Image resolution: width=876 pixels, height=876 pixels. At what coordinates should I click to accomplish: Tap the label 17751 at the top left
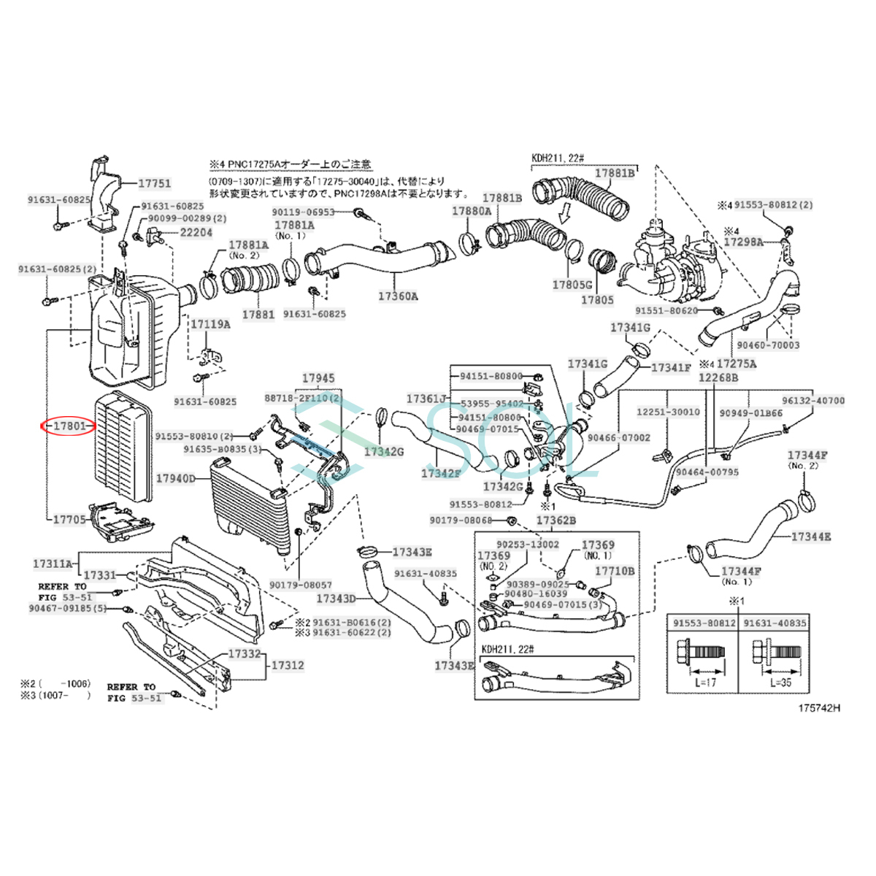point(154,184)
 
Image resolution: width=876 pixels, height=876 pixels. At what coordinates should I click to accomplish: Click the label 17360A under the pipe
point(398,296)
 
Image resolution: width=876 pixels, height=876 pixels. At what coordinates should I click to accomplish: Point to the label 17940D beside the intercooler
point(175,479)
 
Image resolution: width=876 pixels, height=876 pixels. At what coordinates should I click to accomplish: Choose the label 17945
point(318,378)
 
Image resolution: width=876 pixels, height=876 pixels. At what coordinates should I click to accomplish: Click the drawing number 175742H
point(818,707)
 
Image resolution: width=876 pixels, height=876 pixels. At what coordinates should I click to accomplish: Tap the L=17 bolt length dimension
point(707,682)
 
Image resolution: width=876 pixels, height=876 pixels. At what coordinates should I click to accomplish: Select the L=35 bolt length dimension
point(781,682)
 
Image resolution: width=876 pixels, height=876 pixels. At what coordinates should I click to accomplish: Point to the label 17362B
point(556,520)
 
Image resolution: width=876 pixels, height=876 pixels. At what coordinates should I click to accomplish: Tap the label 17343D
point(336,599)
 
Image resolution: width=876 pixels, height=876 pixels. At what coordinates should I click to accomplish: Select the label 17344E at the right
point(811,537)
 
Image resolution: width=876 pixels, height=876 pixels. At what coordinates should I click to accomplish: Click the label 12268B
point(718,377)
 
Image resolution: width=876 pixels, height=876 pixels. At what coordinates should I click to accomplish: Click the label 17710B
point(614,571)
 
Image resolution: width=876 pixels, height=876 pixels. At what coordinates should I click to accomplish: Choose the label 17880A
point(472,211)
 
